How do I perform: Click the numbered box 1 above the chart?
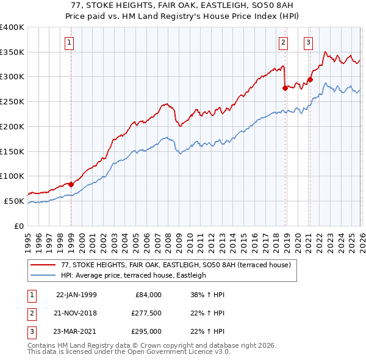tap(71, 43)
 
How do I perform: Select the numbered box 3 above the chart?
tap(309, 43)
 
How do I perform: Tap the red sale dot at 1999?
tap(71, 184)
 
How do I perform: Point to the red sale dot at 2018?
tap(285, 88)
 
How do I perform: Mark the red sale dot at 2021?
tap(310, 79)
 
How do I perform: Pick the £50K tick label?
tap(15, 201)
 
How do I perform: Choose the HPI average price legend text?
tap(134, 275)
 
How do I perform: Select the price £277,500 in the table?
tap(146, 313)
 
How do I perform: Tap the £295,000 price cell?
tap(146, 331)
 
